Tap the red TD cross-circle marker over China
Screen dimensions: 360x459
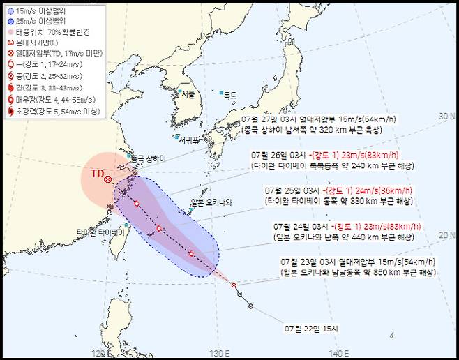107,179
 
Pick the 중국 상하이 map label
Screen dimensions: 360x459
146,158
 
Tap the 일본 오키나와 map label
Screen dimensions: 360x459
211,203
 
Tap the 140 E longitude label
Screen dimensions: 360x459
337,352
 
